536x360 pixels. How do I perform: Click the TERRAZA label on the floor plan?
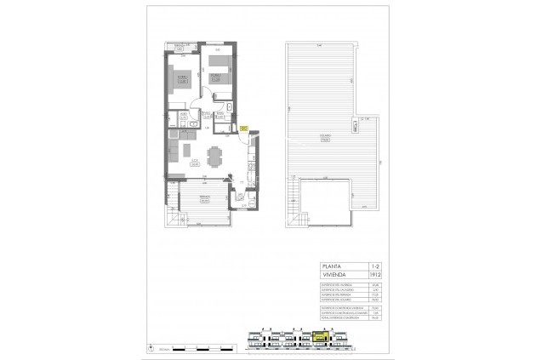204,198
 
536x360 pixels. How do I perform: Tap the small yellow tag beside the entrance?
243,129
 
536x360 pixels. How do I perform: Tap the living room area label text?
195,162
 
